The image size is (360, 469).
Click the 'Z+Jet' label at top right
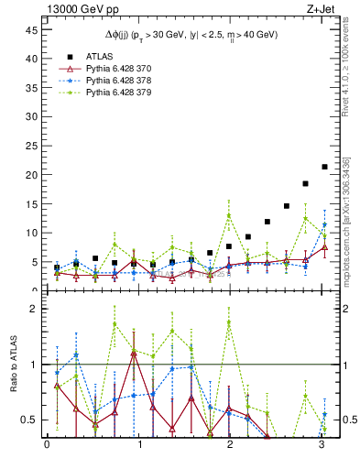313,9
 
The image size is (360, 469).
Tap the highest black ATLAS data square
324,167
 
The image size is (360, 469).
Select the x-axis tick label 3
322,446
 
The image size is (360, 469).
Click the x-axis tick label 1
139,446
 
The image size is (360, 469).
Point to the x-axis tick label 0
47,446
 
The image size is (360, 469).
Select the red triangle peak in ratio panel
135,353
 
